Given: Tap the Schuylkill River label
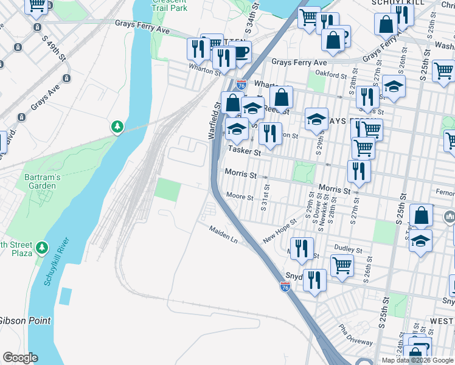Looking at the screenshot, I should [x=57, y=261].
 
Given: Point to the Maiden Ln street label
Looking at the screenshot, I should [x=223, y=234].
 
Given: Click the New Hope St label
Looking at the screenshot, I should [x=279, y=231].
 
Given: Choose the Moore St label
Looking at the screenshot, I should [x=239, y=196].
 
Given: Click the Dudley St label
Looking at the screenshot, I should [x=349, y=249].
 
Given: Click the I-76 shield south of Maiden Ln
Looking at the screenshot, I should [x=285, y=285].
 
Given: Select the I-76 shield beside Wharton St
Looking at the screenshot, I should [x=241, y=85].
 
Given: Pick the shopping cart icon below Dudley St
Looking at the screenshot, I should [x=342, y=264].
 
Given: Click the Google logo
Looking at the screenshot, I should [x=19, y=358].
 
